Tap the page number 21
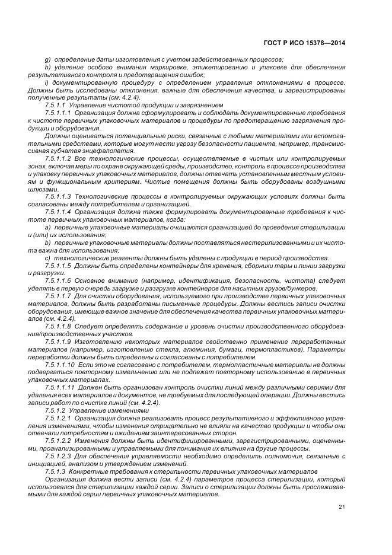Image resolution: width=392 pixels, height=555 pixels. (342, 506)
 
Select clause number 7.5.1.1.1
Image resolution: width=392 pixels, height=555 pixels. (58, 112)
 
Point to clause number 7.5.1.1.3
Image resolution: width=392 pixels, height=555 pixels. (58, 196)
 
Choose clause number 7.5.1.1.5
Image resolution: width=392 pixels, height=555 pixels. (58, 266)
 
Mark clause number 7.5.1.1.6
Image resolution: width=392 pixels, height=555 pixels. (58, 280)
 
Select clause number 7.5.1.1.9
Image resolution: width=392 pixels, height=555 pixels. (58, 342)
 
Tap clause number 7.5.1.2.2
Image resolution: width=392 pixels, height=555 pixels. (58, 440)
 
